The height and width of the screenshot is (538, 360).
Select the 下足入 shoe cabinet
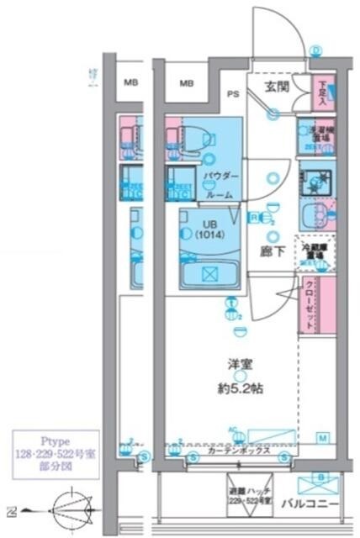(x=324, y=92)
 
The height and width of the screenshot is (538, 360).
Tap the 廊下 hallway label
(x=271, y=251)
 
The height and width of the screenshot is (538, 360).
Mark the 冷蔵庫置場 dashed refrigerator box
(x=315, y=251)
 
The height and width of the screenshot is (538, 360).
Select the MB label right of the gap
(x=187, y=82)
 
